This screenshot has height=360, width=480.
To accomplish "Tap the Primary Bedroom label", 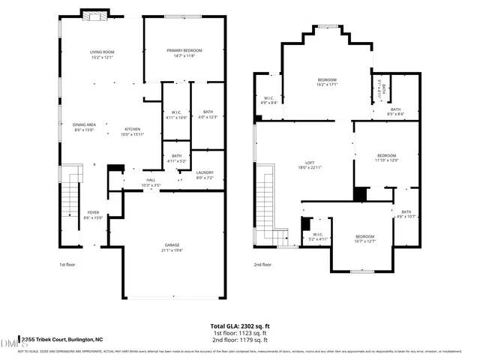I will [x=184, y=52].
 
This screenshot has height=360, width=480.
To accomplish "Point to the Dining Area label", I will [x=84, y=127].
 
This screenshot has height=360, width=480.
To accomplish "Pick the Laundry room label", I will [x=205, y=175].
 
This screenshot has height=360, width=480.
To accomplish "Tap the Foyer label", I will [x=93, y=215].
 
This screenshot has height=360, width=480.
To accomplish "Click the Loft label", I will [x=309, y=166].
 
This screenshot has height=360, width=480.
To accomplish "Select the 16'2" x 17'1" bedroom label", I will [x=327, y=82].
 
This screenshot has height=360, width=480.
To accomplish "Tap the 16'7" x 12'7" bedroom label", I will [x=364, y=239].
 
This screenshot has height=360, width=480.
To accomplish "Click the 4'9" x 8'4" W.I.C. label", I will [x=269, y=100].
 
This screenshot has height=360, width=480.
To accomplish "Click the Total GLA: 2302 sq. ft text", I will [x=239, y=326].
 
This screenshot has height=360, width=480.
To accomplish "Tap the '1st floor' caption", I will [x=67, y=264].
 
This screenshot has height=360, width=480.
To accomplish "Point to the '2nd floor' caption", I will [x=262, y=264].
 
